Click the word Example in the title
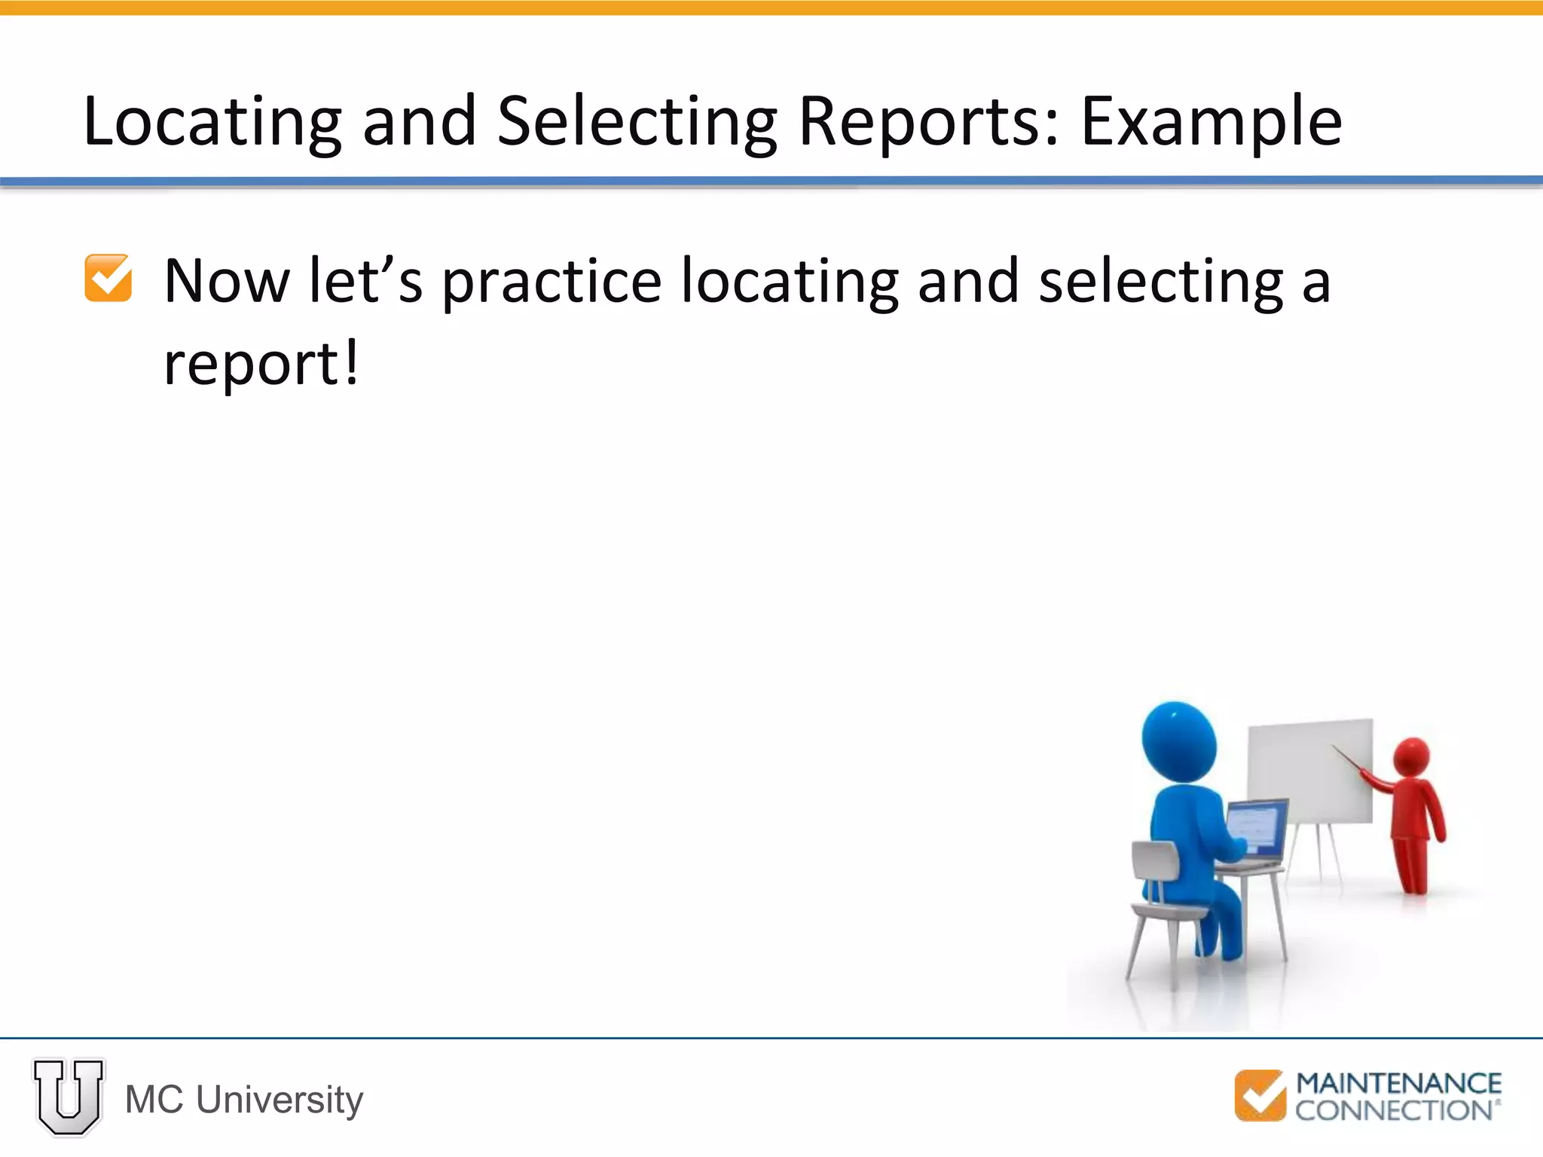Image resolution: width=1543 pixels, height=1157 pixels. [x=1211, y=122]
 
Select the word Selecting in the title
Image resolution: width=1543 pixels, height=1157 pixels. [x=637, y=122]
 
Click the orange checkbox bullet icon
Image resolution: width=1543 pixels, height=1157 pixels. [x=108, y=278]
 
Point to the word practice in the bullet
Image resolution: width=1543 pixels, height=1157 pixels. [x=552, y=282]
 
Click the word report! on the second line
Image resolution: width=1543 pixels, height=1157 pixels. [x=261, y=364]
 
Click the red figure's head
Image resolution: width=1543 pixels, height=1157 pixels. [x=1411, y=756]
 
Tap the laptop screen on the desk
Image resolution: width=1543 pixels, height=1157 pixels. [x=1257, y=827]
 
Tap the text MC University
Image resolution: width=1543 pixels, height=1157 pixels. [x=244, y=1100]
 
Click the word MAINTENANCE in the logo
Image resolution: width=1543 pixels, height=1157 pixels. [x=1398, y=1084]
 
